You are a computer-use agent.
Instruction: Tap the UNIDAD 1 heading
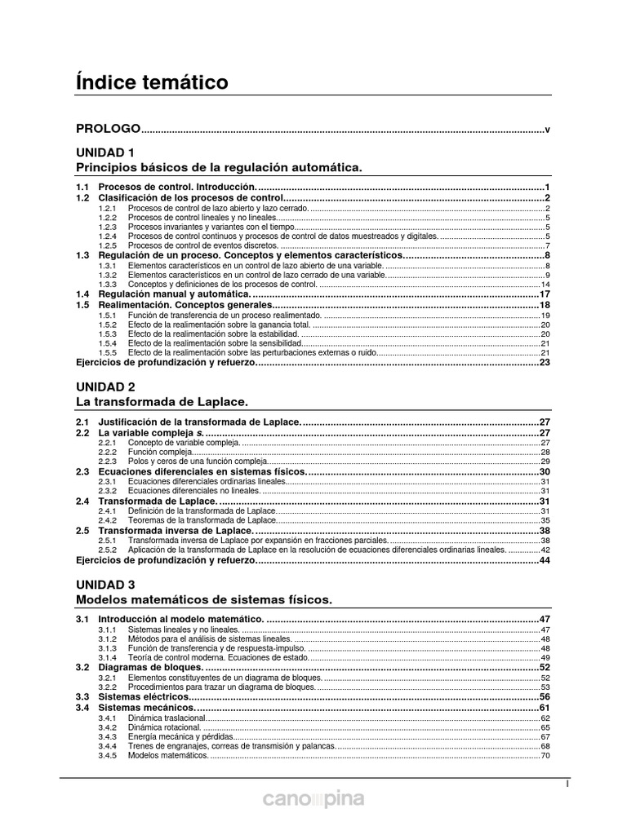105,152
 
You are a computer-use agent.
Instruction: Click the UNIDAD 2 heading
105,387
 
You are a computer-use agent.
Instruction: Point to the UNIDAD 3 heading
105,585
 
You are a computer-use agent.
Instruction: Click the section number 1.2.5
109,246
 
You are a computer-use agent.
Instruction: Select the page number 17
545,294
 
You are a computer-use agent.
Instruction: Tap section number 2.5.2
109,550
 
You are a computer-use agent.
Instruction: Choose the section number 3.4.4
109,746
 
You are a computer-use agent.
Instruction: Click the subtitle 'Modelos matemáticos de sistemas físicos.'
204,600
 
